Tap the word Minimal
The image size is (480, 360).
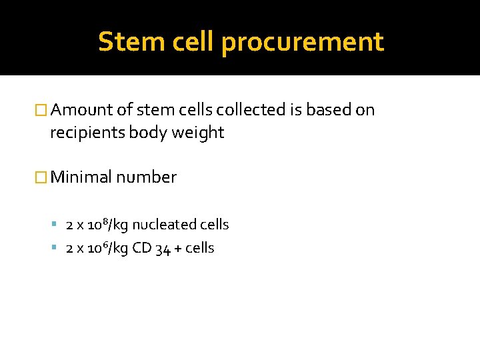[x=81, y=177]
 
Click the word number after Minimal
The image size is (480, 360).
[x=146, y=177]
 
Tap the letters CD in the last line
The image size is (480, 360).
[x=141, y=248]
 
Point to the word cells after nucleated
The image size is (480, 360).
[x=214, y=225]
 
